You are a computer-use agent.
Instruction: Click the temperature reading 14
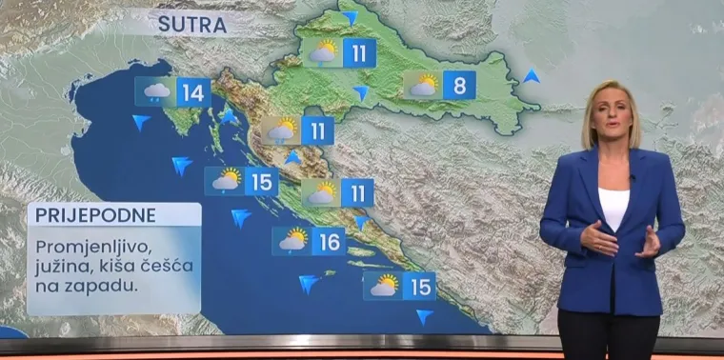click(193, 91)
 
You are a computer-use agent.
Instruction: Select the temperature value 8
click(459, 86)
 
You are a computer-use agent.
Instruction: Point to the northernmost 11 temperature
click(359, 52)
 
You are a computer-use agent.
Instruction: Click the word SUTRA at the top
click(191, 25)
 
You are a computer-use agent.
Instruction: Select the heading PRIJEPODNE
click(82, 215)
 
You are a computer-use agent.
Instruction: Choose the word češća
click(172, 266)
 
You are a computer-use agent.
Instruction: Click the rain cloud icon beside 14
click(155, 91)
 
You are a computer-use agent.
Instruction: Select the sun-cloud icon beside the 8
click(423, 86)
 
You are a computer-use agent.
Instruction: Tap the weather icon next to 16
click(292, 241)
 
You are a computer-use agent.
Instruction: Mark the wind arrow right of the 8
click(532, 75)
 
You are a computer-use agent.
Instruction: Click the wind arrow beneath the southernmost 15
click(425, 316)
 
